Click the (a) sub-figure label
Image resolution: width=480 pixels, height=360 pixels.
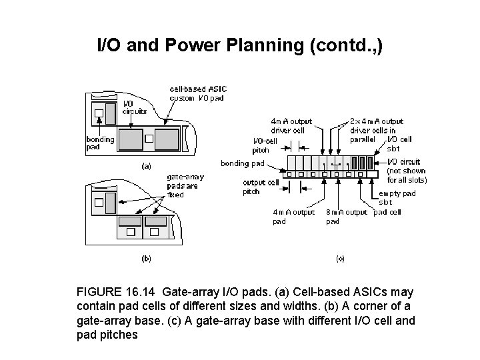click(146, 165)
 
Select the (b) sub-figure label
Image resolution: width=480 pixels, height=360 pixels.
click(146, 258)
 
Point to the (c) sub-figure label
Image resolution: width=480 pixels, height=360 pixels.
click(339, 258)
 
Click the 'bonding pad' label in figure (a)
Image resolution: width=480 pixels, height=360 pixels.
click(100, 143)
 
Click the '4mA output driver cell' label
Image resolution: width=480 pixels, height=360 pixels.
click(291, 125)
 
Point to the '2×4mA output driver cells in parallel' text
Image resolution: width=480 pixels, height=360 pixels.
click(377, 130)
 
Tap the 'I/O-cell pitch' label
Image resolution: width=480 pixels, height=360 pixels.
click(265, 145)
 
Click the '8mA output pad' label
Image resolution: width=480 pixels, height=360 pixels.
click(346, 217)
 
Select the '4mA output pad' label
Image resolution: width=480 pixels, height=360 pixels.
click(293, 217)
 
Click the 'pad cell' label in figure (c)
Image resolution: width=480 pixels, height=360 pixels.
click(388, 212)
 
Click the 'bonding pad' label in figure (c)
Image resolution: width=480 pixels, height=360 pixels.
click(243, 163)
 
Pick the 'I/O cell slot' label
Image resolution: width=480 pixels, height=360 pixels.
click(399, 143)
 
